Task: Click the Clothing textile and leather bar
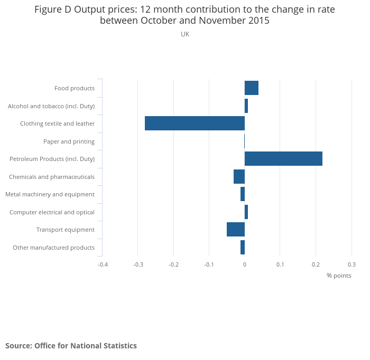tap(195, 124)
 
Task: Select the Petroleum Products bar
tap(283, 159)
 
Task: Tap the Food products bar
tap(252, 88)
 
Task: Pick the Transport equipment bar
tap(236, 230)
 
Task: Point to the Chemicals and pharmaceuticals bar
tap(239, 177)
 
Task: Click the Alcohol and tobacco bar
tap(246, 106)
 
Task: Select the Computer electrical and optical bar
tap(246, 212)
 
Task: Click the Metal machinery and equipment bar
tap(243, 194)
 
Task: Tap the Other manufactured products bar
tap(243, 248)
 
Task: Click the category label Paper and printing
tap(69, 141)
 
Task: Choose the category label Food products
tap(75, 88)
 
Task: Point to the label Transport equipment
tap(66, 230)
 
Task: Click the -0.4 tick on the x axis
tap(103, 264)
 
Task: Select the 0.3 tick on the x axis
tap(351, 264)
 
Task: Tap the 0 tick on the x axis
tap(245, 264)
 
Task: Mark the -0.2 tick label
tap(173, 264)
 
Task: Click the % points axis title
tap(339, 276)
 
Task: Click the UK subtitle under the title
tap(185, 34)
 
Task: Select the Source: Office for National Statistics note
tap(71, 346)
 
